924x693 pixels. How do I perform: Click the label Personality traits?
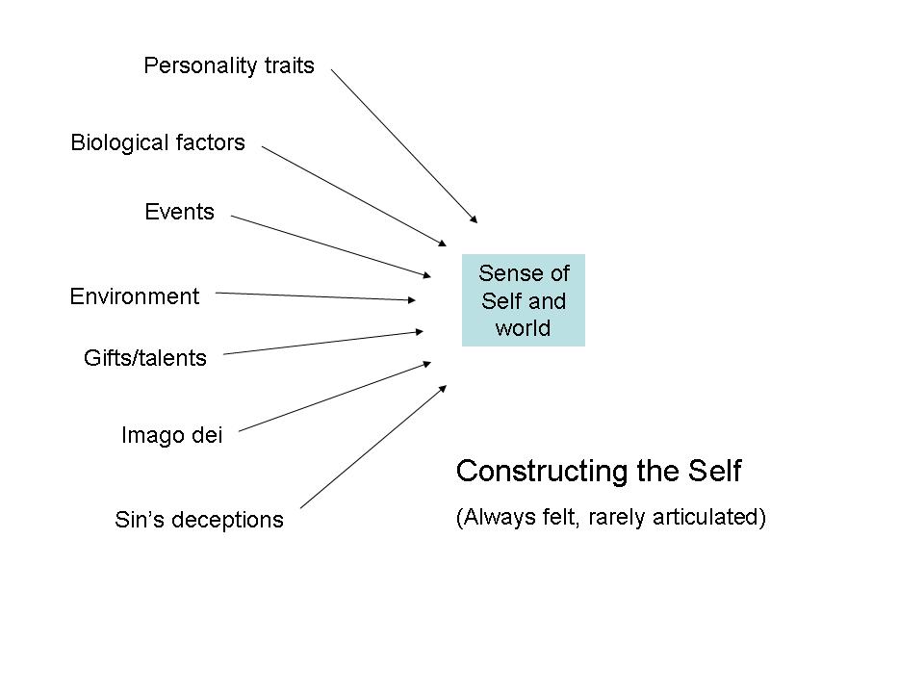(229, 65)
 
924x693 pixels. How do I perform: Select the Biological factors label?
(158, 142)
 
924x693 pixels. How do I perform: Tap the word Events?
(179, 212)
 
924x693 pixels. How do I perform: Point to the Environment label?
(135, 296)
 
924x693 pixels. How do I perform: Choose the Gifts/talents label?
(145, 358)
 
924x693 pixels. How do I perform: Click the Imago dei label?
(171, 435)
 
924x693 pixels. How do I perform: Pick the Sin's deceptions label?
(199, 520)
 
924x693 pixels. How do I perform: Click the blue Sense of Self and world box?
(524, 300)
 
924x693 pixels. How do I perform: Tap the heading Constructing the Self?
(599, 471)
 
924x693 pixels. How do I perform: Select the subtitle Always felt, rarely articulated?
(610, 517)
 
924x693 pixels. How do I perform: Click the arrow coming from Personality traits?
(403, 144)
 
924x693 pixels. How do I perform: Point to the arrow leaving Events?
(332, 246)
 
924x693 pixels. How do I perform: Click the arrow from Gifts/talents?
(322, 343)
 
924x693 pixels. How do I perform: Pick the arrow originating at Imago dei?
(333, 397)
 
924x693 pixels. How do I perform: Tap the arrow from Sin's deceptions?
(373, 447)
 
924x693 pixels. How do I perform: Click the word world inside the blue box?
(524, 328)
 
